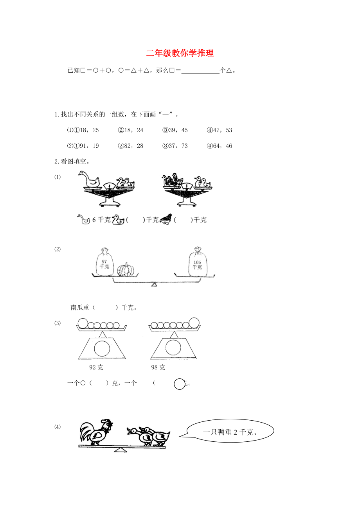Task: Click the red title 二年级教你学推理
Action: (180, 53)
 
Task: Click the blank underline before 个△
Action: (200, 73)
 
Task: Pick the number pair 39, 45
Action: (178, 130)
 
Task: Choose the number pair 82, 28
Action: (134, 146)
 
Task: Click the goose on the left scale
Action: (89, 179)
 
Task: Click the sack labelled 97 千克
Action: (104, 262)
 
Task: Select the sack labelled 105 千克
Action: (198, 262)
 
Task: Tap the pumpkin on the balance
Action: (126, 270)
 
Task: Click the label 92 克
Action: (96, 367)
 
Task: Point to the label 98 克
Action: (158, 367)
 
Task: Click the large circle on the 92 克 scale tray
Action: (83, 323)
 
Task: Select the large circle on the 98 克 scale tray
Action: (194, 323)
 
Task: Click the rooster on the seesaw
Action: (96, 432)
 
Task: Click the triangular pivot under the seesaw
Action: (121, 450)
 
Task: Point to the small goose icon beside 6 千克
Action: (83, 219)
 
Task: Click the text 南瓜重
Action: (80, 307)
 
